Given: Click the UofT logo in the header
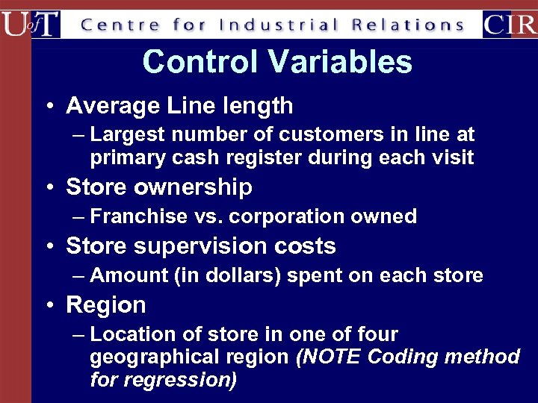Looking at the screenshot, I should point(31,24).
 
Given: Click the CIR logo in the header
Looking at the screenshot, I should point(509,24).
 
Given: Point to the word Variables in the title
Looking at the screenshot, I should point(336,62).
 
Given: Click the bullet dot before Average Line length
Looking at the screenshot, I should point(48,106).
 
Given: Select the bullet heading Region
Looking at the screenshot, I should point(106,305).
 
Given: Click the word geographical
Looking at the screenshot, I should point(151,357).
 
